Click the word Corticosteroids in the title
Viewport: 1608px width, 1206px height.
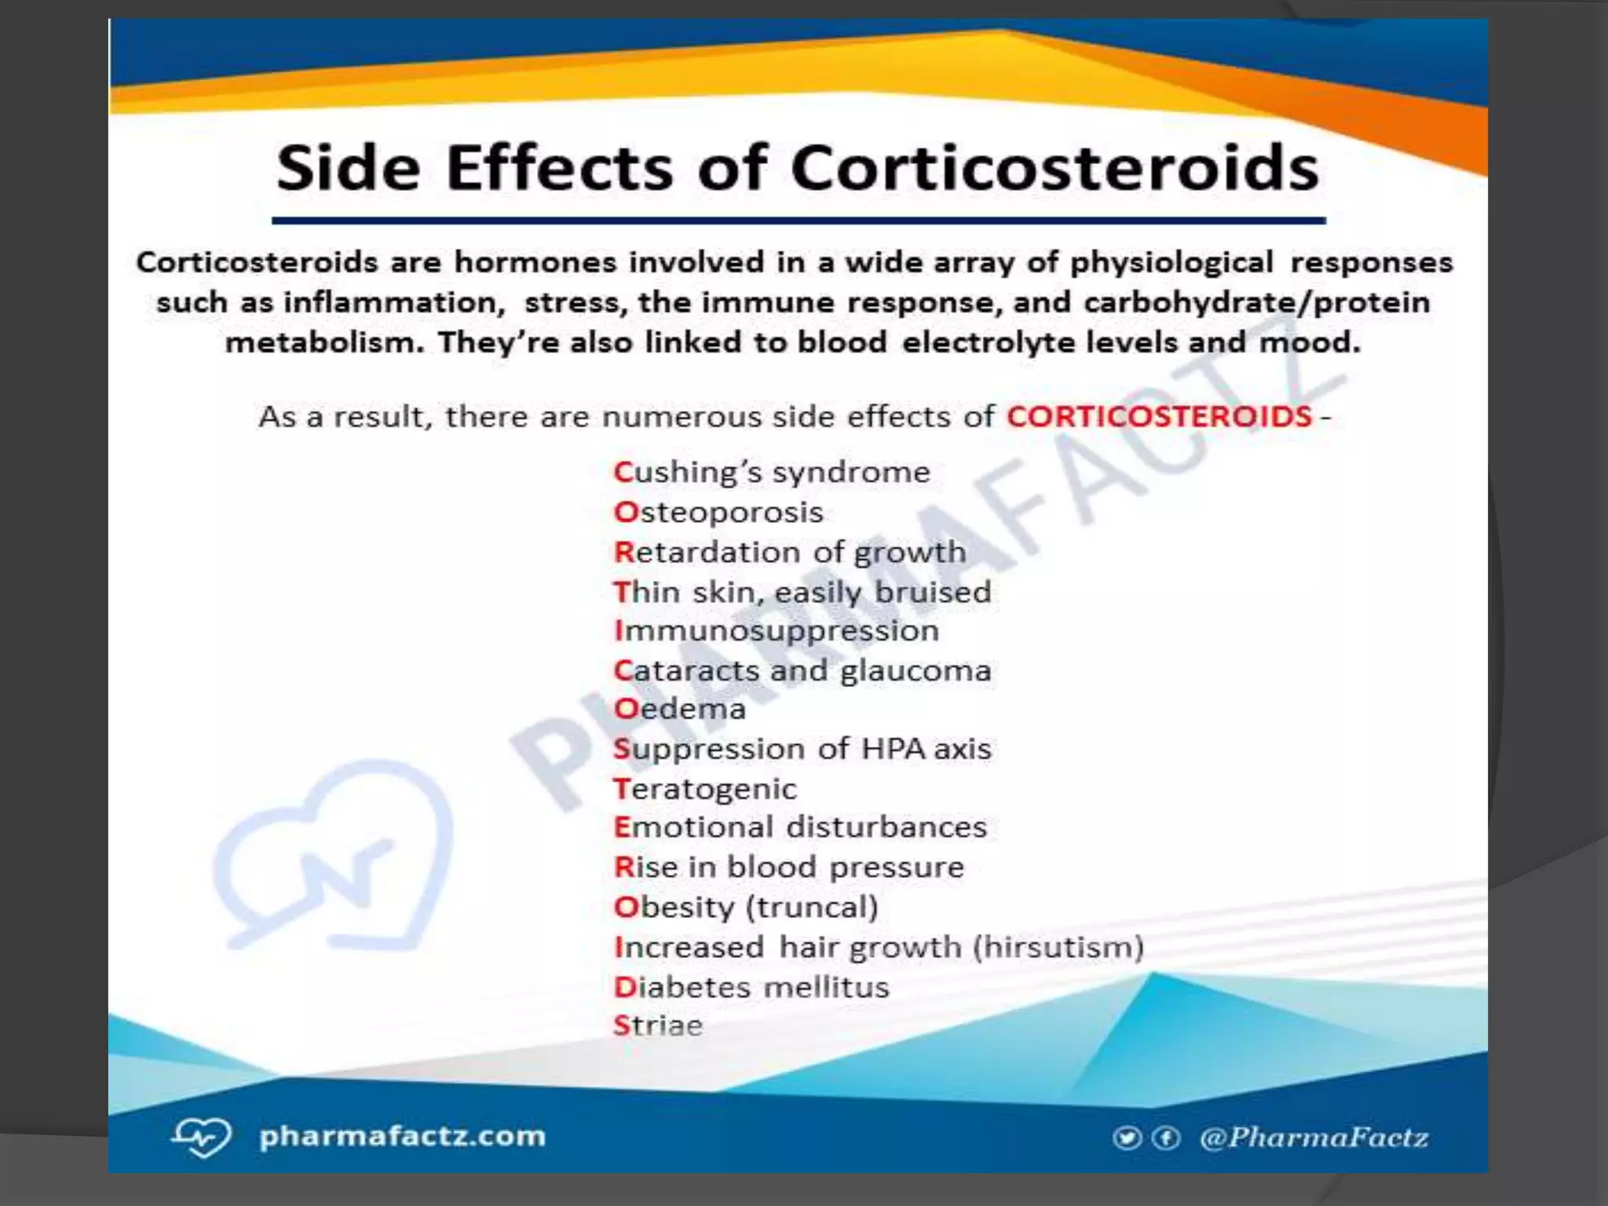(x=1054, y=168)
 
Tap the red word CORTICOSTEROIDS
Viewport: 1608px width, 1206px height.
(x=1159, y=416)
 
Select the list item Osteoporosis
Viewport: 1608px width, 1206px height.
(x=718, y=513)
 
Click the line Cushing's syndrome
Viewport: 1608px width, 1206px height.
(x=772, y=473)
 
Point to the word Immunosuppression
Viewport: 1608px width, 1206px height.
(x=777, y=631)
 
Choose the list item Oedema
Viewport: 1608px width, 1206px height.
(x=680, y=709)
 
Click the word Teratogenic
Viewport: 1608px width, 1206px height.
(x=705, y=789)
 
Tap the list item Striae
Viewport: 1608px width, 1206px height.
(x=658, y=1026)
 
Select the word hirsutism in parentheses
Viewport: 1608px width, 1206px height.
(x=1058, y=948)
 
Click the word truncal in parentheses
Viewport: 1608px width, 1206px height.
(x=812, y=908)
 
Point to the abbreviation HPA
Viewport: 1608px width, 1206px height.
(x=894, y=749)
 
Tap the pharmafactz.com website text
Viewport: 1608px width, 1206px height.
(x=402, y=1136)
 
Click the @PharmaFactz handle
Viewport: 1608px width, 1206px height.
(x=1314, y=1138)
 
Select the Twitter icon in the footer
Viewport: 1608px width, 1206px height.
(x=1127, y=1138)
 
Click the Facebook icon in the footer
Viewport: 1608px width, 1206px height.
(x=1166, y=1138)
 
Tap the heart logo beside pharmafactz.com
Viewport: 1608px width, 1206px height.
(x=202, y=1137)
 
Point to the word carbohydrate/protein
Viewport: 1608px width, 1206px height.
(x=1256, y=303)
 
